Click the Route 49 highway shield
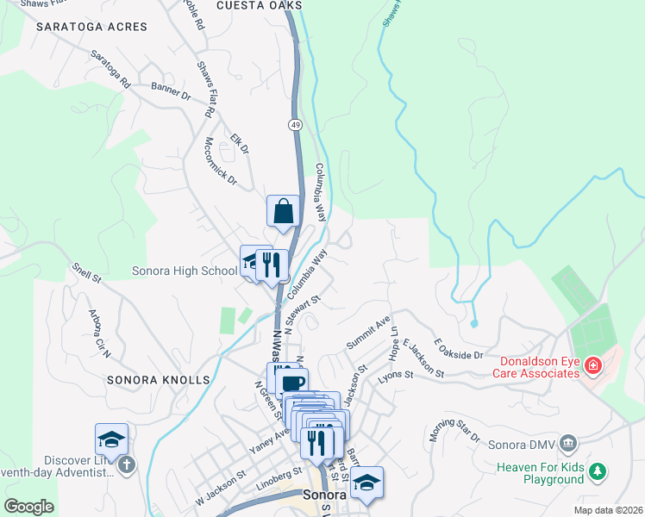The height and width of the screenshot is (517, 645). pos(295,125)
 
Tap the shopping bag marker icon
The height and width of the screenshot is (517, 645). pos(283,210)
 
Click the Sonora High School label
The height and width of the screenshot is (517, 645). pos(184,271)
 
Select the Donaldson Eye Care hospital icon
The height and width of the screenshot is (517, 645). pos(592,367)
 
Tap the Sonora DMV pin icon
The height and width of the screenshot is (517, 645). pos(567,444)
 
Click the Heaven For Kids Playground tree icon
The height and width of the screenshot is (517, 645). pos(597,472)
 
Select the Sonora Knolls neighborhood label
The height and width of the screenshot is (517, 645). pos(158,379)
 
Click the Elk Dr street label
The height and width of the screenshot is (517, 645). pos(239,143)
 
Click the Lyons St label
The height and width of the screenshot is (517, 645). pos(396,376)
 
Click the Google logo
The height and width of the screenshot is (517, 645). pos(28,507)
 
